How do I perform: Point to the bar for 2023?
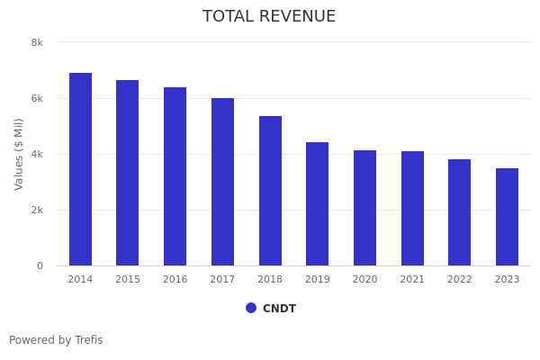(507, 217)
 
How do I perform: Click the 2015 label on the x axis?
(128, 280)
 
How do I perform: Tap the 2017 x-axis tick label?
(222, 280)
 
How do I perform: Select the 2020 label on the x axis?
(364, 280)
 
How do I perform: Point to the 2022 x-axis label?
(460, 280)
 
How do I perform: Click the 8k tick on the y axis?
(37, 42)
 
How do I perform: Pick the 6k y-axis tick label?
(37, 98)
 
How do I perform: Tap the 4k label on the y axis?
(37, 154)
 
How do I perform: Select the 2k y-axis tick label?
(37, 210)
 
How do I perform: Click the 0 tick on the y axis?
(40, 265)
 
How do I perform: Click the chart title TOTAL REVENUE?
(269, 17)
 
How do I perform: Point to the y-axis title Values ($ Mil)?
(19, 154)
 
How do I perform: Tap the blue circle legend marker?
(251, 308)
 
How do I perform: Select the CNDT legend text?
(279, 309)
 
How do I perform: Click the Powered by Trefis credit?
(56, 340)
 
